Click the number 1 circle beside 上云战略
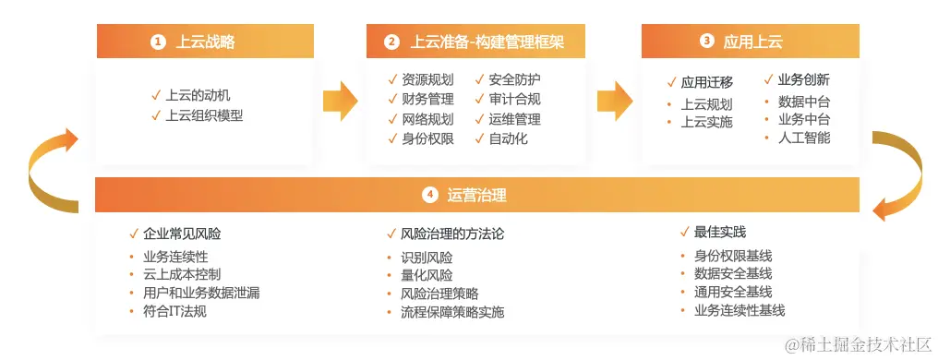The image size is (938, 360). pyautogui.click(x=158, y=42)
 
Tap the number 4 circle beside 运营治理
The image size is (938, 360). pyautogui.click(x=429, y=195)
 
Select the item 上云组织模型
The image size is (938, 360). pyautogui.click(x=204, y=115)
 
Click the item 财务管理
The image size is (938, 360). pyautogui.click(x=427, y=99)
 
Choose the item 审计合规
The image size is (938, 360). pyautogui.click(x=514, y=99)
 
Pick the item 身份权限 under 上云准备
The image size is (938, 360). pyautogui.click(x=427, y=139)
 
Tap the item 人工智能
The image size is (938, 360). pyautogui.click(x=804, y=138)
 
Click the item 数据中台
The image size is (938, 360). pyautogui.click(x=804, y=101)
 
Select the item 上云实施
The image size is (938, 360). pyautogui.click(x=706, y=122)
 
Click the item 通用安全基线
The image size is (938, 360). pyautogui.click(x=732, y=292)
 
